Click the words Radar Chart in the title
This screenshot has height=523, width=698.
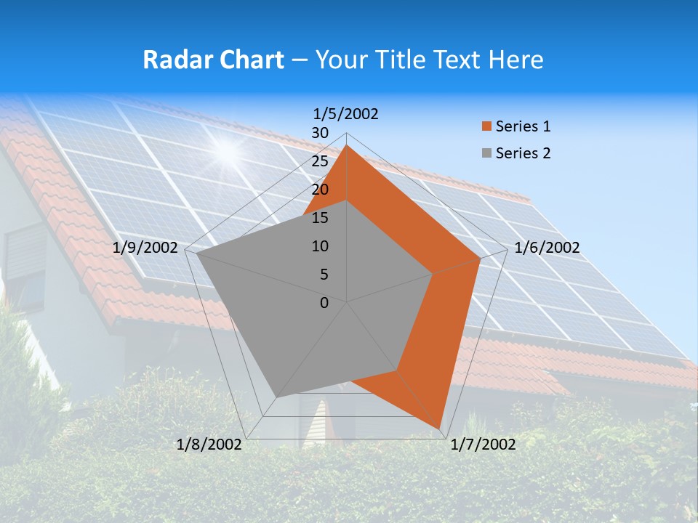[213, 60]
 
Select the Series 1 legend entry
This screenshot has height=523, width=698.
[523, 126]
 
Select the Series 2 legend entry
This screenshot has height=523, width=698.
[523, 153]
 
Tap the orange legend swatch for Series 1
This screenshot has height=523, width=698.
[486, 127]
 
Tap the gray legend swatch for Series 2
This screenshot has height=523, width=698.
[486, 154]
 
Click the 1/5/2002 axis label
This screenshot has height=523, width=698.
[346, 113]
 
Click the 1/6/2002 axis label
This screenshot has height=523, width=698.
[547, 248]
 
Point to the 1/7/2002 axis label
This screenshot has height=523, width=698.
[484, 445]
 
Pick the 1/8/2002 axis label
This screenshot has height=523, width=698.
[209, 445]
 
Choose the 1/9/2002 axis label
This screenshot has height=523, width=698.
[145, 248]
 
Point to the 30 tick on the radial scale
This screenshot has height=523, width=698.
[320, 133]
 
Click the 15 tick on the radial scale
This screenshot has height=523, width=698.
[320, 218]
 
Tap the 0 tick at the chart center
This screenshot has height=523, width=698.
[324, 303]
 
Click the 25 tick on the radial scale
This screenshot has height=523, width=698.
[320, 161]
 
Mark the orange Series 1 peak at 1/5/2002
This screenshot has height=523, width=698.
[347, 145]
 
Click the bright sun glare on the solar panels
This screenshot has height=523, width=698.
[228, 150]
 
